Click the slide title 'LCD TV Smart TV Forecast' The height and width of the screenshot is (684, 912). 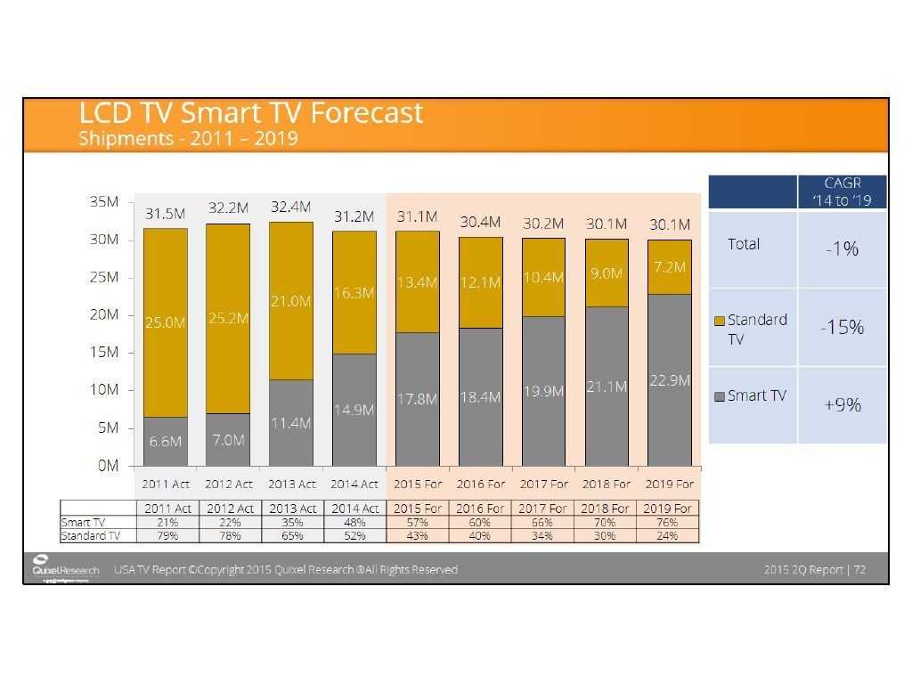(x=250, y=113)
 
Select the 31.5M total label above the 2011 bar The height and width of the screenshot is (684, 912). (x=165, y=214)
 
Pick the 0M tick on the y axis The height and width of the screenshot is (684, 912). (x=107, y=466)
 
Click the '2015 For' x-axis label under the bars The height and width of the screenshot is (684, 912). (x=417, y=484)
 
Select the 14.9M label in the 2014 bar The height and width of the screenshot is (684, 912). (x=354, y=410)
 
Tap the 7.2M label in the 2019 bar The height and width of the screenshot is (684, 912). (x=669, y=267)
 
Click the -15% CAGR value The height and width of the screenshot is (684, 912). (x=842, y=327)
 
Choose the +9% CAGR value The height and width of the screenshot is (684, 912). (x=842, y=404)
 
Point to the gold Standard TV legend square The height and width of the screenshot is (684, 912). (x=720, y=321)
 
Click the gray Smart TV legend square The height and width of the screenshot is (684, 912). (x=720, y=396)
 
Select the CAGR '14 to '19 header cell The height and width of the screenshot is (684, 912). (x=842, y=191)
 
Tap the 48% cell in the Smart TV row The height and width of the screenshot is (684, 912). (x=354, y=523)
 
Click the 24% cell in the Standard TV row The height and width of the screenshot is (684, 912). (x=667, y=536)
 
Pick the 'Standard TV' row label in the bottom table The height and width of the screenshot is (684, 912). (x=90, y=536)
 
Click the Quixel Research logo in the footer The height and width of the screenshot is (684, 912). (x=66, y=569)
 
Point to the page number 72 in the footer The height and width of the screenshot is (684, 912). (x=859, y=569)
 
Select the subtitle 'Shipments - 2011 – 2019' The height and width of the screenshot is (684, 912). (x=188, y=139)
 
